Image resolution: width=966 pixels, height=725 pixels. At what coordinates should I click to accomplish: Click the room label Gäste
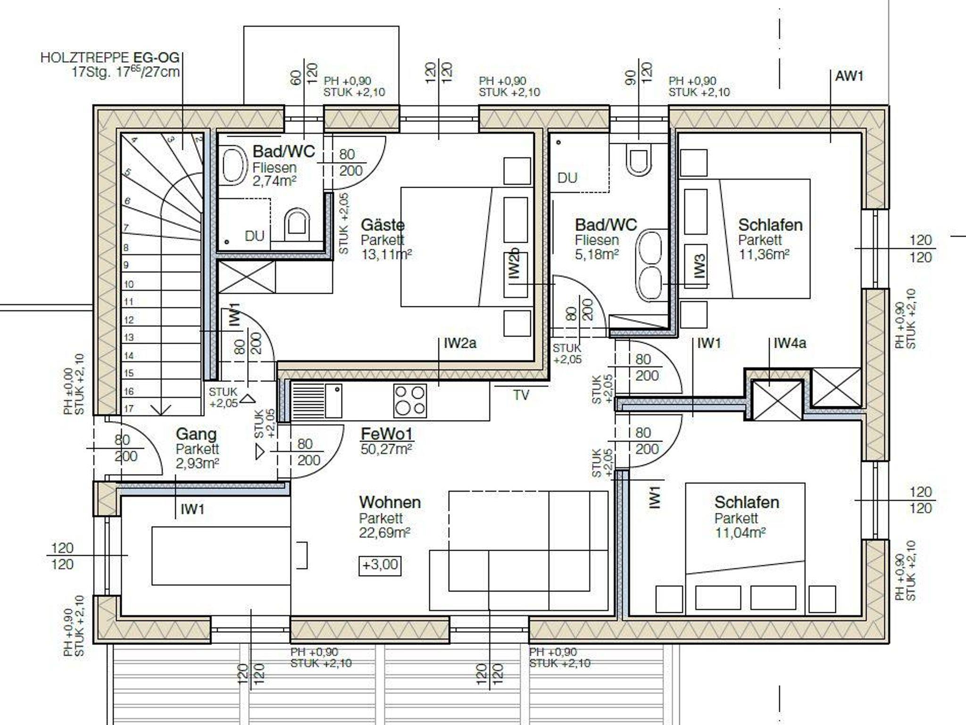click(x=383, y=225)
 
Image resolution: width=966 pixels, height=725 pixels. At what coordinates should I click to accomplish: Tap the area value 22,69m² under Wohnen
click(x=384, y=533)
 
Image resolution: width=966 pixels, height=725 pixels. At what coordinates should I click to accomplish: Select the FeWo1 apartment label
click(x=387, y=433)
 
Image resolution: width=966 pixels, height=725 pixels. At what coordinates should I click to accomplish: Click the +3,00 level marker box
click(x=380, y=565)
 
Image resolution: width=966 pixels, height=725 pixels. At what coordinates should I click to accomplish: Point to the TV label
click(x=521, y=395)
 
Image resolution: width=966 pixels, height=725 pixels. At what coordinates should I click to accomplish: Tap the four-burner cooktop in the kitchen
click(x=410, y=401)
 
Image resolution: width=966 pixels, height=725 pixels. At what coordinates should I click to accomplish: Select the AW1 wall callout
click(x=849, y=76)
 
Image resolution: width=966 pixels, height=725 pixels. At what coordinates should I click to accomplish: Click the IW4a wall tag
click(x=790, y=343)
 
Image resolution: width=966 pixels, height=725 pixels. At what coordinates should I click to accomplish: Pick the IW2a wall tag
click(x=460, y=343)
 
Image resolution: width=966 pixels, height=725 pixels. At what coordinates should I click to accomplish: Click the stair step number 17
click(x=128, y=409)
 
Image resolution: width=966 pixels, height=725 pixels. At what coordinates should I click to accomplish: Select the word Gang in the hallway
click(x=196, y=434)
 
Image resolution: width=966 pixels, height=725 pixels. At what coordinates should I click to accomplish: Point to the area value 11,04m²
click(x=740, y=533)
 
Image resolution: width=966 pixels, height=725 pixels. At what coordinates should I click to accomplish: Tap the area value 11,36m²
click(x=764, y=255)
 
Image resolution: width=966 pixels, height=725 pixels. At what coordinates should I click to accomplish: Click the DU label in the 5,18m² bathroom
click(x=567, y=178)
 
